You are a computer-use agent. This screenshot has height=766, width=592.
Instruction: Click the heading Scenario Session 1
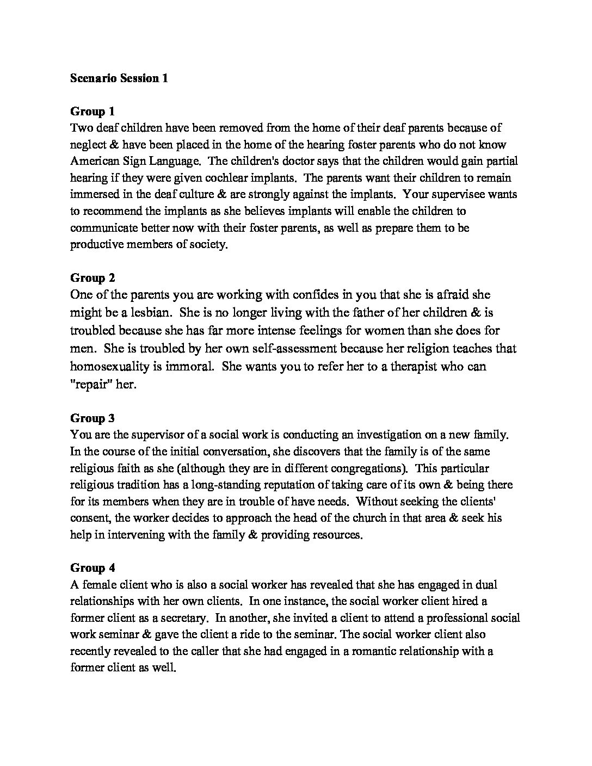[119, 78]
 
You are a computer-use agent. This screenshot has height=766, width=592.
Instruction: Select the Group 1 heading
[92, 112]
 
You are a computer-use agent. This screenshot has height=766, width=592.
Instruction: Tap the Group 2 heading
[92, 278]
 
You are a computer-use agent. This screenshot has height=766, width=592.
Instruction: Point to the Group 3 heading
[92, 418]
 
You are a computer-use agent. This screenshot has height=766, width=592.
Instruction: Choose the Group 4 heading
[92, 568]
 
